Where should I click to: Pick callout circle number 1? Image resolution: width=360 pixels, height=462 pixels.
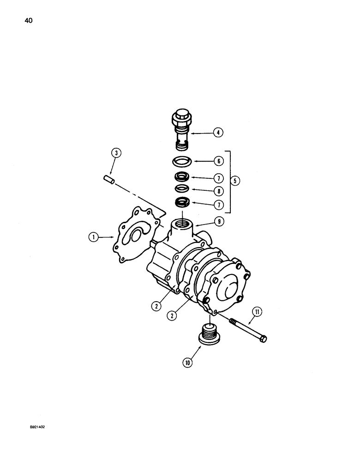coord(94,237)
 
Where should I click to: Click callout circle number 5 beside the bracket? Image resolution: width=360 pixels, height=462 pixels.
coord(237,182)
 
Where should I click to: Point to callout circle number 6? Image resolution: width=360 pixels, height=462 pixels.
coord(218,161)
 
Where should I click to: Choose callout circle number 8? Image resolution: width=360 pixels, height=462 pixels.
coord(218,190)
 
